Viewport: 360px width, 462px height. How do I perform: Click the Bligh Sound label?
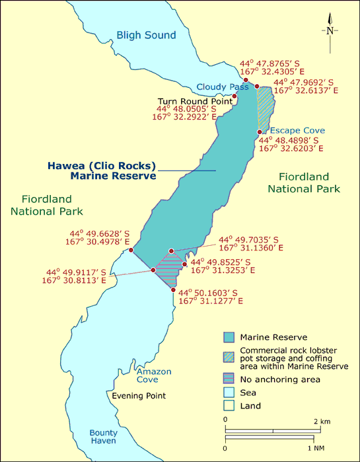click(x=146, y=35)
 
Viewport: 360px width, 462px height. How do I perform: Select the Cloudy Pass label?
click(x=223, y=87)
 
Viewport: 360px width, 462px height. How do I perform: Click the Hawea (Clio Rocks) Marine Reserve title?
click(x=102, y=171)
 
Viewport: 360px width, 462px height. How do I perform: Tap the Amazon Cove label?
click(x=153, y=375)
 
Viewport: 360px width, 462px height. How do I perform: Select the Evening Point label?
click(x=138, y=396)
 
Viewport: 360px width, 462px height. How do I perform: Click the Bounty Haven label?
click(x=103, y=438)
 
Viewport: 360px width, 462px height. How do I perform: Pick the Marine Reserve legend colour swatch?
click(x=230, y=337)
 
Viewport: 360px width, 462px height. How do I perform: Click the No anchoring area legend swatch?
click(x=230, y=379)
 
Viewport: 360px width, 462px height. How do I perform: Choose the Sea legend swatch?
click(x=230, y=393)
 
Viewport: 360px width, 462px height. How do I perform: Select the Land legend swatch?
click(x=230, y=406)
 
